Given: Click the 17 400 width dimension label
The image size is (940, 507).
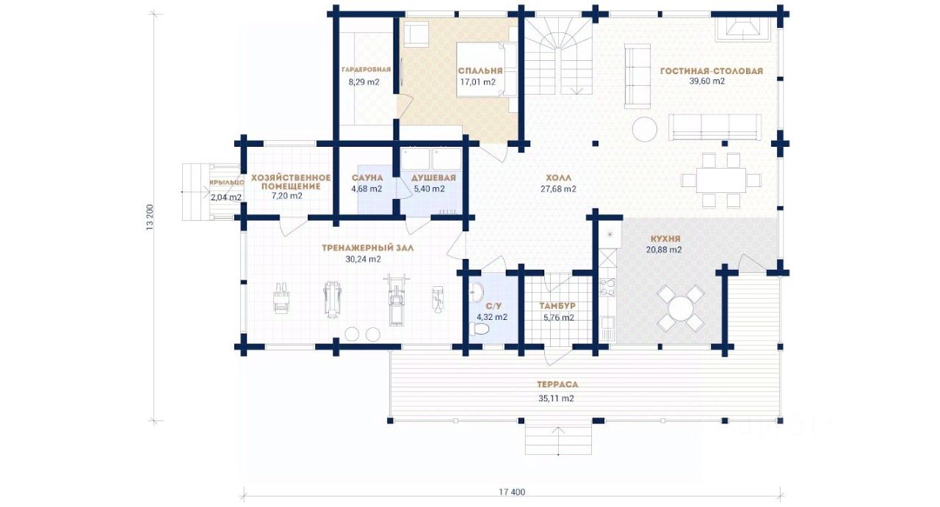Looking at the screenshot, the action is [x=512, y=492].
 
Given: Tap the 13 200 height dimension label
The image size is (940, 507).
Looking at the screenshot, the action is [x=150, y=217].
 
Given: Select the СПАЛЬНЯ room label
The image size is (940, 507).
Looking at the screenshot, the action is [x=480, y=71].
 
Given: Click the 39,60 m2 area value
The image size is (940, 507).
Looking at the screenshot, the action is [x=707, y=81].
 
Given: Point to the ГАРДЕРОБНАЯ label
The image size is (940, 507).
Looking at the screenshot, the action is [x=366, y=70].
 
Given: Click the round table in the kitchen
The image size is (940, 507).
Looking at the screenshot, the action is [x=680, y=308].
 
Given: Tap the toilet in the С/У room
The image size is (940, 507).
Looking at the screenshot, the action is [x=480, y=329].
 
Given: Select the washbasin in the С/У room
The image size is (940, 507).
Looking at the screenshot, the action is [x=477, y=291].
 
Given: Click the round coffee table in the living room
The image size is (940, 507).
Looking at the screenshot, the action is [x=644, y=130].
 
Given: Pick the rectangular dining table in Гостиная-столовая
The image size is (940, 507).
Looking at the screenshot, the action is [x=721, y=180].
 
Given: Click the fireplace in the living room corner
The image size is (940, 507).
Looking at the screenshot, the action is [x=743, y=29].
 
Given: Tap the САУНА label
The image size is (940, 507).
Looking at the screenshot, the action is [x=367, y=178].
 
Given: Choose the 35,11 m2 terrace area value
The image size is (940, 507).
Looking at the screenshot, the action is [x=556, y=398].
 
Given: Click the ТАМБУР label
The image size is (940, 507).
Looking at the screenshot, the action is [x=557, y=306].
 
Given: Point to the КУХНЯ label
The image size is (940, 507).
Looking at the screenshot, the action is [x=665, y=239].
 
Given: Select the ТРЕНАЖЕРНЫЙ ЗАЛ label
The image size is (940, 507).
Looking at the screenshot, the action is [x=368, y=248].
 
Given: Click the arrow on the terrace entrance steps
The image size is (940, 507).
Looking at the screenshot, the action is [x=558, y=441].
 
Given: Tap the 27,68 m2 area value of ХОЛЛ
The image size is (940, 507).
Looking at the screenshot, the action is [x=558, y=189].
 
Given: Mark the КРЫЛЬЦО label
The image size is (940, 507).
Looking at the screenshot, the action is [x=227, y=183].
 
